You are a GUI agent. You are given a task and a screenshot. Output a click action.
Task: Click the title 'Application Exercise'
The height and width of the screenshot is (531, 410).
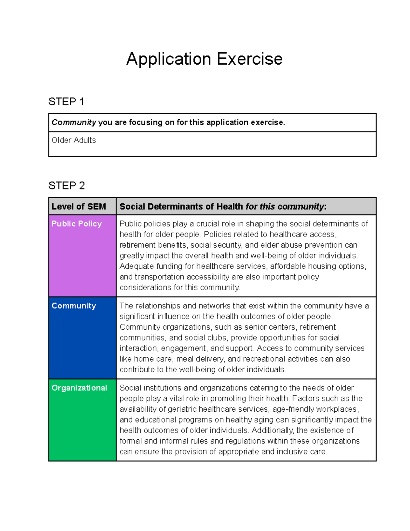(204, 59)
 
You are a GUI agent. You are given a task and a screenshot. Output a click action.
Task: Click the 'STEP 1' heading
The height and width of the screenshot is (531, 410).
(66, 102)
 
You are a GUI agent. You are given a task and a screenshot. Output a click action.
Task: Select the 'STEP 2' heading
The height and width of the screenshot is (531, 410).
(67, 185)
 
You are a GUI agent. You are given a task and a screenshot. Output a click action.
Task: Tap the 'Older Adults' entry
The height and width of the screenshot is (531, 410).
(73, 140)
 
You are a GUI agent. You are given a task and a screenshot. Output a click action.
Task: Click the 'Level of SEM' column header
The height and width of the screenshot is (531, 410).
(79, 207)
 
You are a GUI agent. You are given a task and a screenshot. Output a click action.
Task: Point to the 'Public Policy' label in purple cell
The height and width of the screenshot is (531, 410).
(77, 224)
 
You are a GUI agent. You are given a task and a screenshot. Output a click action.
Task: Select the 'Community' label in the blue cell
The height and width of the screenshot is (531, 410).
(74, 306)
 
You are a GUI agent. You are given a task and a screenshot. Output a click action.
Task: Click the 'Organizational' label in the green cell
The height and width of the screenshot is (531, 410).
(79, 388)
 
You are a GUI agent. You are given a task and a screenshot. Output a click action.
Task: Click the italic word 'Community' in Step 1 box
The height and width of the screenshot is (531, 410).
(74, 122)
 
